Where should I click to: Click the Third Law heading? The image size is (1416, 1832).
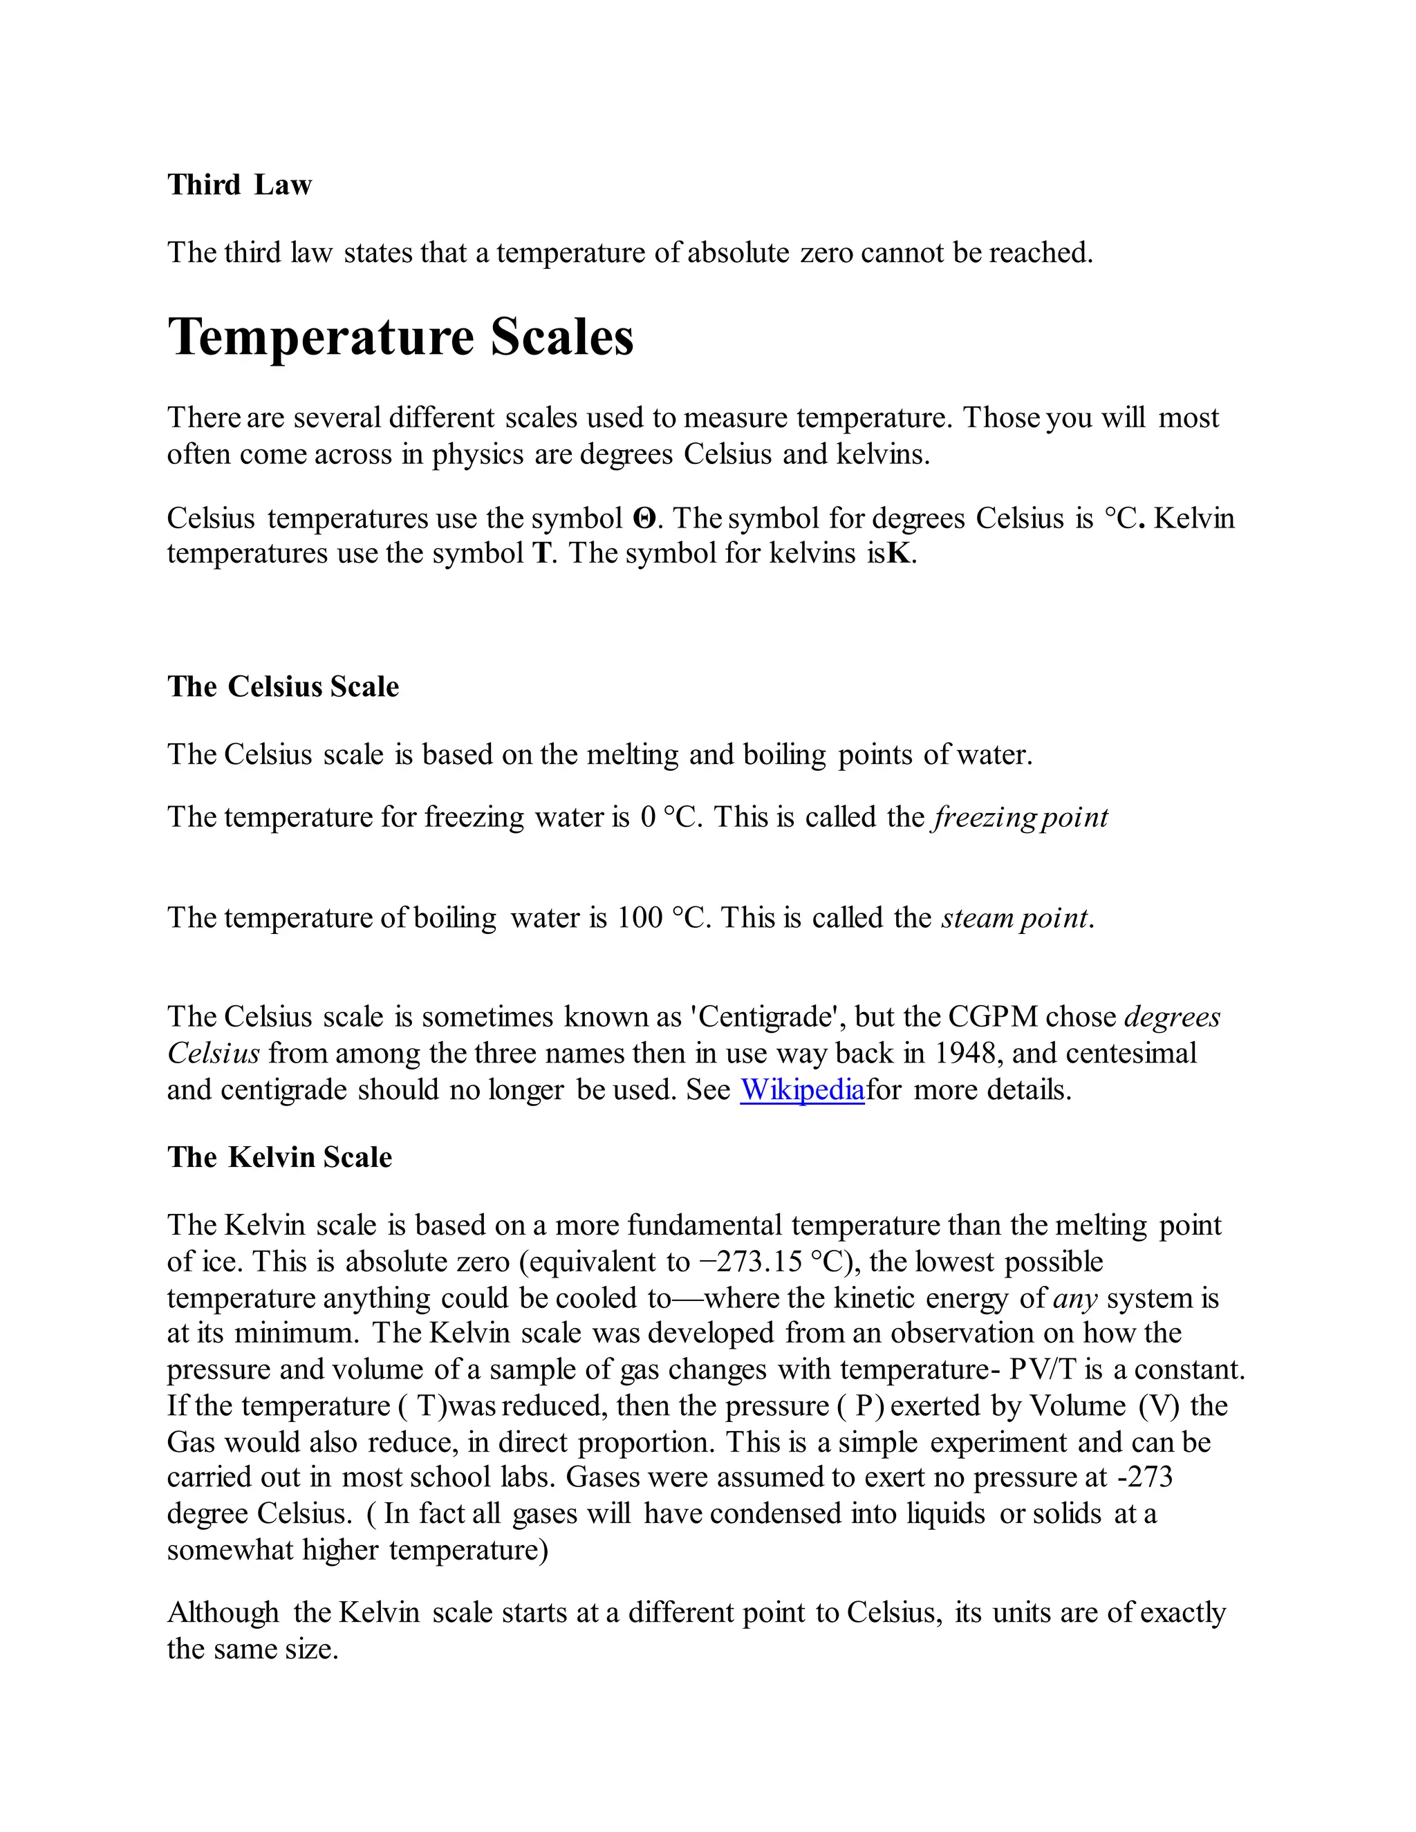(x=239, y=185)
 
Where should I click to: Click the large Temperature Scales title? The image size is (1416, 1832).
(x=400, y=337)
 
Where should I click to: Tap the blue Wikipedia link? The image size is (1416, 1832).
(x=801, y=1090)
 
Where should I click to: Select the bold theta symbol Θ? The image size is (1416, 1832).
(x=644, y=518)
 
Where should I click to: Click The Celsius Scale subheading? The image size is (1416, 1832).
(x=283, y=686)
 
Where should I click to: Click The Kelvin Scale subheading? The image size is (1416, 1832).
(x=279, y=1157)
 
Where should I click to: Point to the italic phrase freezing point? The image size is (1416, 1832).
(x=1019, y=817)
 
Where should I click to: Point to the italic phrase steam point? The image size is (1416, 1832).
(x=1014, y=917)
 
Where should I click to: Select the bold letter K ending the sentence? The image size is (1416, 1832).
(x=897, y=554)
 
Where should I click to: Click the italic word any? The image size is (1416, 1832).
(x=1074, y=1298)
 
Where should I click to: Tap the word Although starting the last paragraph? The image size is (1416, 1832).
(x=223, y=1612)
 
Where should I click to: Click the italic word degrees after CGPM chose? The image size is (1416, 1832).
(x=1172, y=1017)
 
